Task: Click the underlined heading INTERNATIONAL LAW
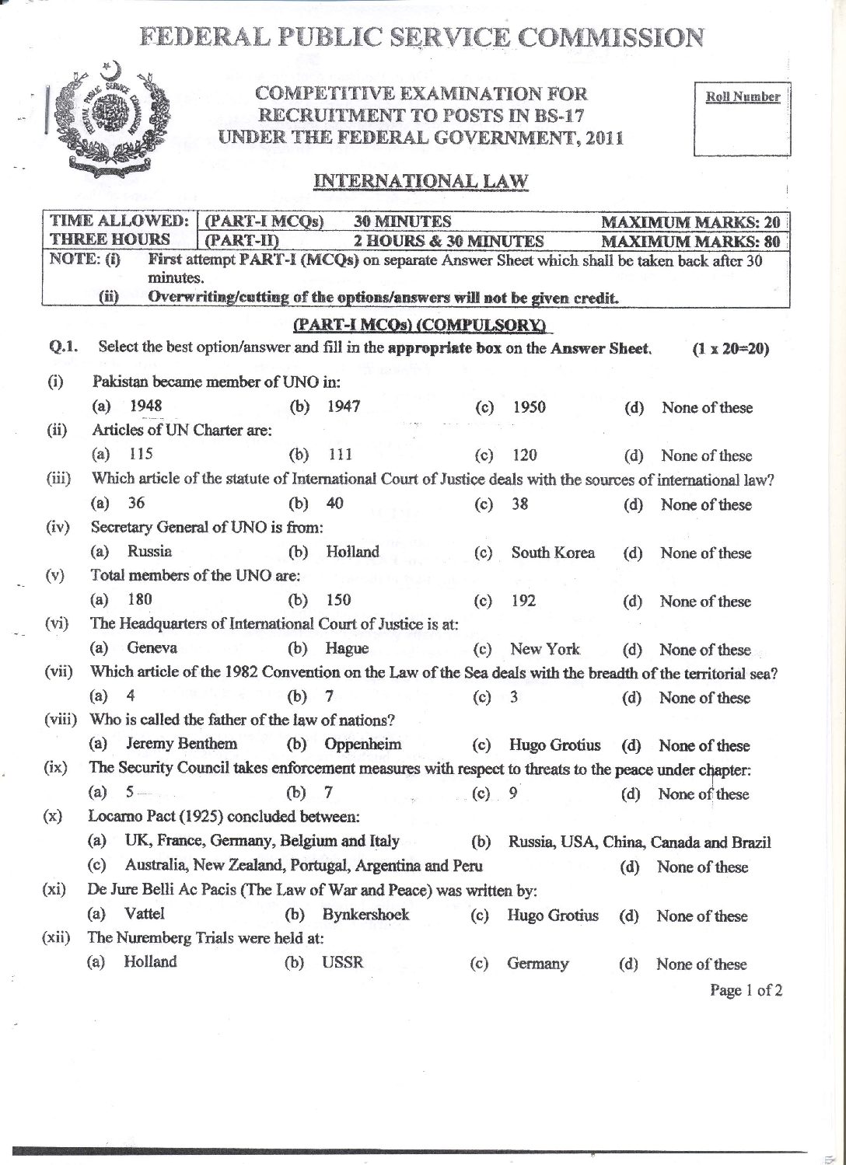[421, 182]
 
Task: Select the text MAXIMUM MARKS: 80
[690, 241]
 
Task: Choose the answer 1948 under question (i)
[145, 406]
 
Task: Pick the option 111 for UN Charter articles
[340, 455]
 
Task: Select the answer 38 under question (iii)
[520, 504]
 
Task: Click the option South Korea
[553, 553]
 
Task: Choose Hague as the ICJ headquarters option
[347, 648]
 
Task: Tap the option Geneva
[152, 647]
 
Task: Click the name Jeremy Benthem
[181, 744]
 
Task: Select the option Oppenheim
[363, 745]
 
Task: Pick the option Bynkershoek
[365, 915]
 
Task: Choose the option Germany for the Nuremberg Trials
[537, 964]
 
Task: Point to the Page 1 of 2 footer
[746, 990]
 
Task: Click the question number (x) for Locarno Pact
[54, 818]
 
